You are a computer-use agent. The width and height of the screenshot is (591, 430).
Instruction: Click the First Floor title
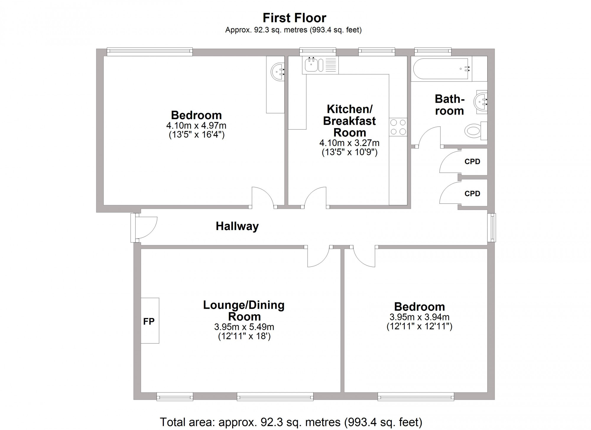coord(294,18)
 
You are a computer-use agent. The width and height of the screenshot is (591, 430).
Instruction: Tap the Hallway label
coord(237,226)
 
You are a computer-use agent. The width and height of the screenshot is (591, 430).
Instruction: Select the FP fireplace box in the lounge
coord(150,321)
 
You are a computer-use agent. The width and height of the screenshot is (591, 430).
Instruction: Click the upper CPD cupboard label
coord(472,161)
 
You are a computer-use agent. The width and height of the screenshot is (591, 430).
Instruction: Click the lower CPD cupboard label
coord(472,193)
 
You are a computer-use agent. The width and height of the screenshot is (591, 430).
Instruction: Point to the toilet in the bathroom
coord(475,130)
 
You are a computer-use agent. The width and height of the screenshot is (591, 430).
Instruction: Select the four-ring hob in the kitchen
coord(398,127)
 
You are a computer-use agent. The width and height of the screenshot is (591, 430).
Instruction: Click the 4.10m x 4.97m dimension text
coord(196,125)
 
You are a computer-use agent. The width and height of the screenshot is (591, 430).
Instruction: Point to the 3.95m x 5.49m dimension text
coord(244,327)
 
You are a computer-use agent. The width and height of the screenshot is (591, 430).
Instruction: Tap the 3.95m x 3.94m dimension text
coord(419,317)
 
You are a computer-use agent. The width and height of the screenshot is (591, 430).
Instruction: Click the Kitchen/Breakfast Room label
coord(349,121)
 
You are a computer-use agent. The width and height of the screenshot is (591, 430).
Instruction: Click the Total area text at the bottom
coord(291,422)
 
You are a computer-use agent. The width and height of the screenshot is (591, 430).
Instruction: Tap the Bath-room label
coord(449,105)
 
